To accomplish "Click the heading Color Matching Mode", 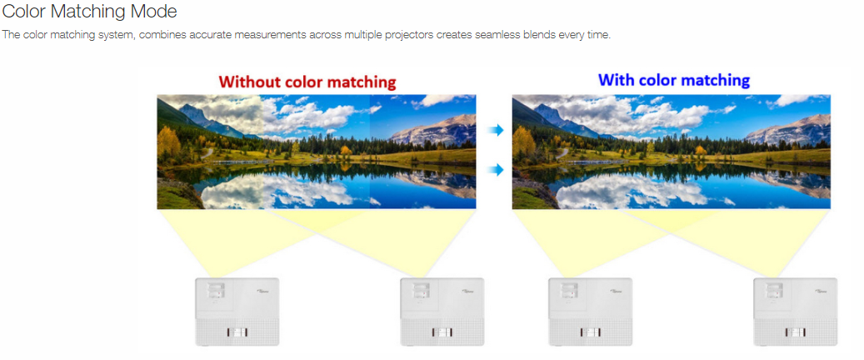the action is coord(90,11).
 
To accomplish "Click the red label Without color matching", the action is coord(307,82).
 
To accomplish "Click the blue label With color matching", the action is coord(674,81).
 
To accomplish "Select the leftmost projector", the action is coord(237,312).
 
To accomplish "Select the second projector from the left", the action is coord(442,312).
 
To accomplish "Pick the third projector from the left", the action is coord(590,312).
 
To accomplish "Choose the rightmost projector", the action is coord(795,312).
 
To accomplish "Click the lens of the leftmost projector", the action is coord(216,289).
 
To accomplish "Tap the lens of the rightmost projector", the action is coord(773,289).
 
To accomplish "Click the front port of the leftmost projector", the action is coord(237,332).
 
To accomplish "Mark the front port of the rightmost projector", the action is coord(795,332).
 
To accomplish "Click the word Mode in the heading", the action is coord(156,11).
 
